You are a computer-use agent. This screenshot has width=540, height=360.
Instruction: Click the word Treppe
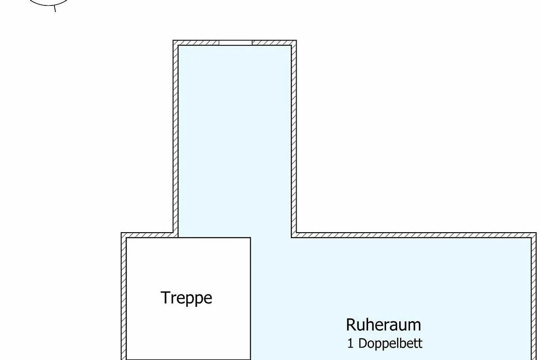(186, 298)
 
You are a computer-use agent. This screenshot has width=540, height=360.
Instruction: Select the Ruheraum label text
(383, 325)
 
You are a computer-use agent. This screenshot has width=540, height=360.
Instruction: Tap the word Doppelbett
(390, 343)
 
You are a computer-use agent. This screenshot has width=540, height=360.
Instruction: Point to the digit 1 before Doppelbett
(350, 344)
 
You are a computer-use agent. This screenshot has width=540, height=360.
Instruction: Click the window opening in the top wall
(235, 43)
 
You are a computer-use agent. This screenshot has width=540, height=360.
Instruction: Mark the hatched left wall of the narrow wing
(175, 139)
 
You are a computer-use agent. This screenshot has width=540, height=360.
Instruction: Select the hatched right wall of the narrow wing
(294, 139)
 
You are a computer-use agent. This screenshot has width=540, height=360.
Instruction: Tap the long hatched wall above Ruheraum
(414, 235)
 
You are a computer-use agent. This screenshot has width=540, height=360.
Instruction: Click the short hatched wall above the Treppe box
(149, 235)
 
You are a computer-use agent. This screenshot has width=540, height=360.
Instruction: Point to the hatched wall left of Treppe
(124, 298)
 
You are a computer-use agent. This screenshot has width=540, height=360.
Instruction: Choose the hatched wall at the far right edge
(534, 298)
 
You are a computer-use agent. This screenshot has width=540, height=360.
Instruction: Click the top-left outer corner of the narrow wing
(173, 40)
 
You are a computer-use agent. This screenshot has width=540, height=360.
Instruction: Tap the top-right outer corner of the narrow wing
(297, 40)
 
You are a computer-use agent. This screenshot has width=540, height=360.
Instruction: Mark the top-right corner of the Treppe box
(251, 238)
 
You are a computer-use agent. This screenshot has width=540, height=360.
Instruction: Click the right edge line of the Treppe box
(251, 299)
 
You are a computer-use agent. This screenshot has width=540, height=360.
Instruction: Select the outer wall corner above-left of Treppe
(121, 233)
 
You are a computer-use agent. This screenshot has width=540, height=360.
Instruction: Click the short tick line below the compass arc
(55, 9)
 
